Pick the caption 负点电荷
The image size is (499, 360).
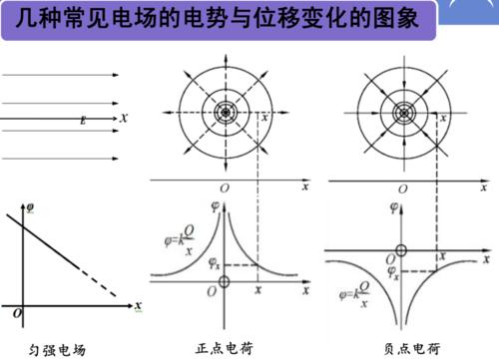[x=411, y=348]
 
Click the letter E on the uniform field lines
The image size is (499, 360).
[x=85, y=118]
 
